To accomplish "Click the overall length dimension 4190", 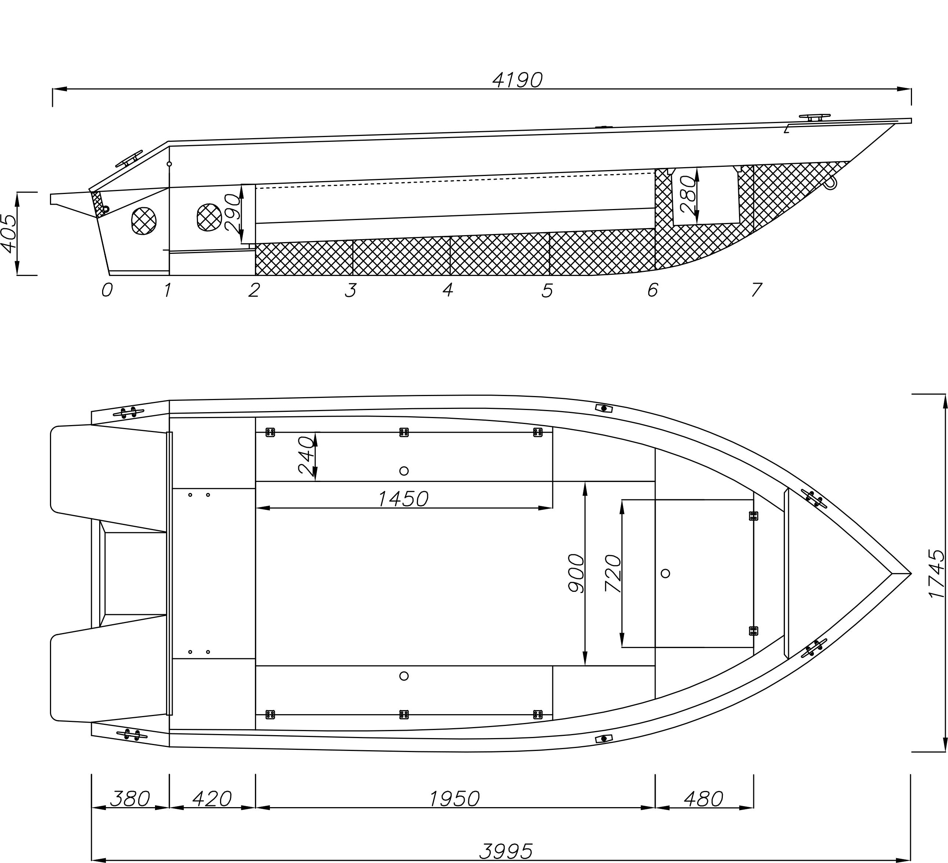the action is [x=517, y=80].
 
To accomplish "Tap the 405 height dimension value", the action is [x=10, y=233].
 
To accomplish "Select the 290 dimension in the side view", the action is [x=233, y=213].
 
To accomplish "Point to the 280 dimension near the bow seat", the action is [x=688, y=195].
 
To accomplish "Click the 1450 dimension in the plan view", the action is [x=403, y=499].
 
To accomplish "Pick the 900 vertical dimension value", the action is [x=576, y=573].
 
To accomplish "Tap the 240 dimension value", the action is [x=306, y=455].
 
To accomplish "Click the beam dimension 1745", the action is [x=937, y=572].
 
